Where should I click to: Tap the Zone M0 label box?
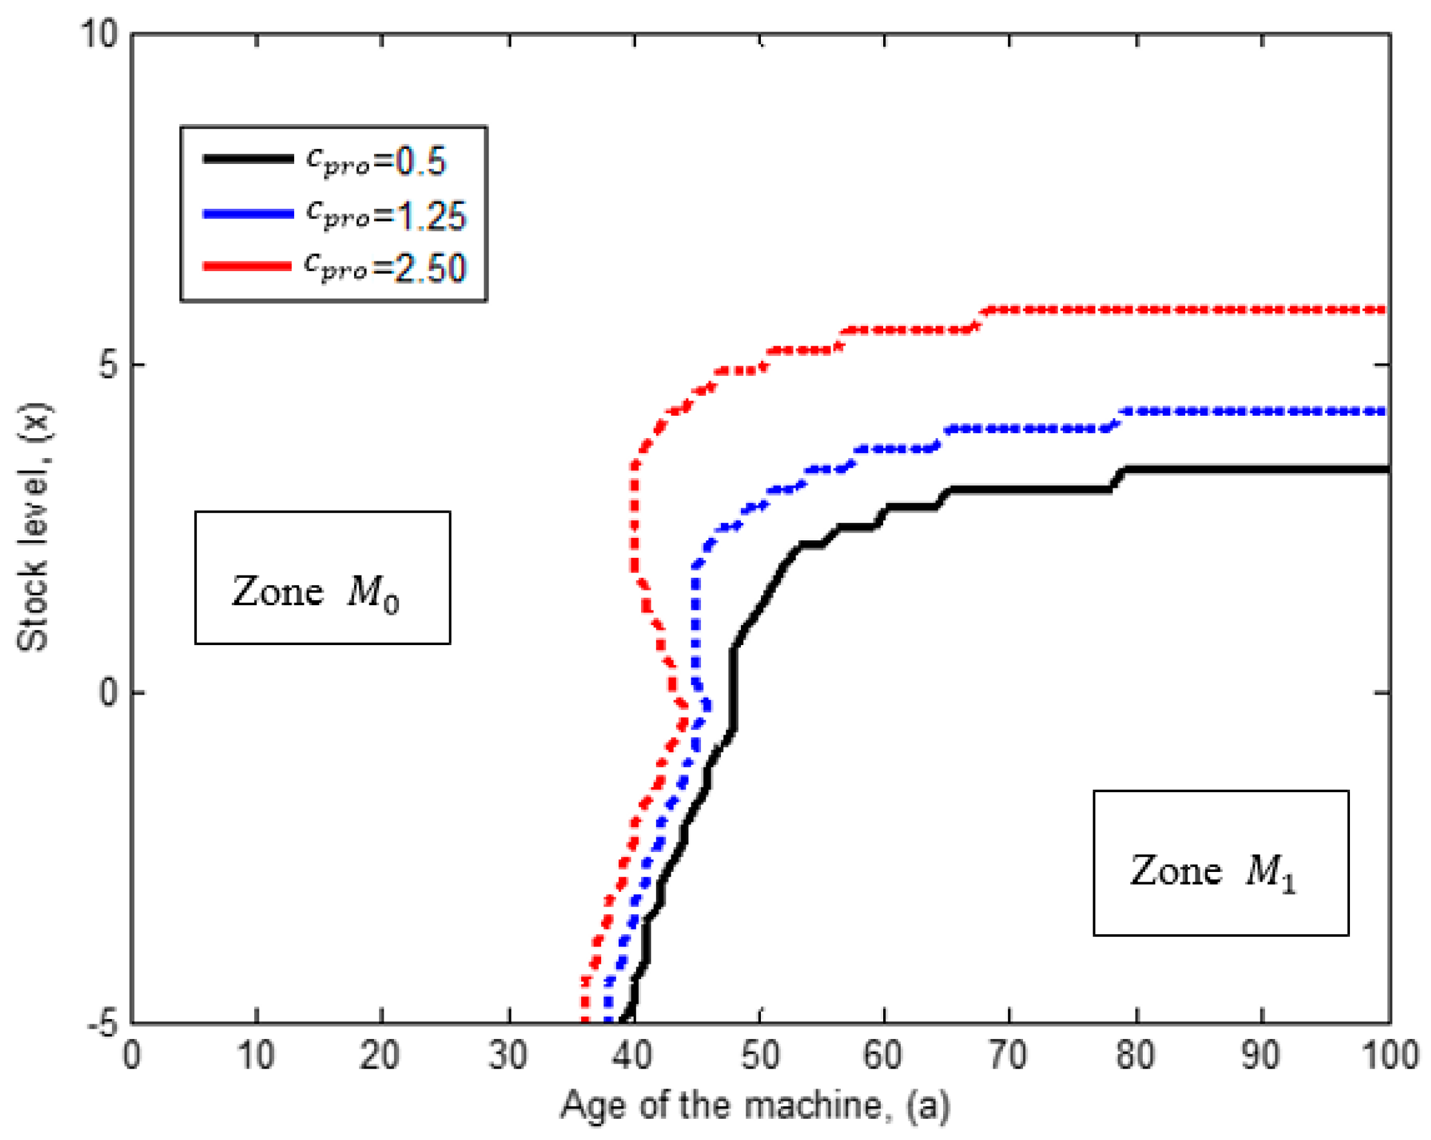323,577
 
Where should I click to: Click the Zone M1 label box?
1220,863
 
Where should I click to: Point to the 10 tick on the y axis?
99,33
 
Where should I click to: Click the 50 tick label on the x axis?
760,1055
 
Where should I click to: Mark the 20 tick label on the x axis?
380,1055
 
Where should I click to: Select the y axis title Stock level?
33,528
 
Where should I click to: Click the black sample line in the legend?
248,159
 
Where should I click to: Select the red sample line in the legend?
247,266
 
